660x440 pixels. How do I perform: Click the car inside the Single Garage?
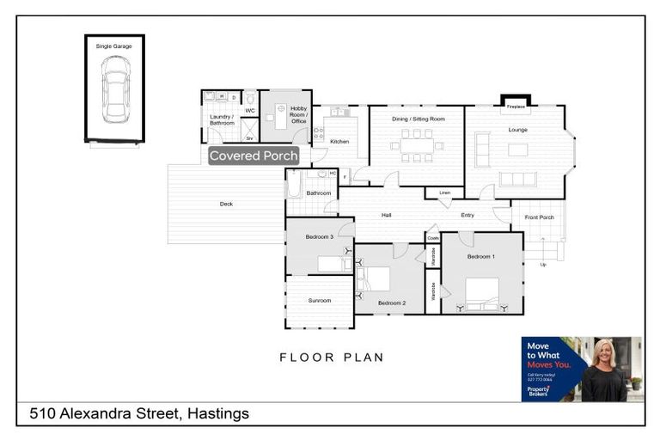click(x=115, y=89)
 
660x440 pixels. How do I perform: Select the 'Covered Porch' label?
click(x=254, y=156)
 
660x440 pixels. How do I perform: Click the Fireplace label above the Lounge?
click(x=516, y=107)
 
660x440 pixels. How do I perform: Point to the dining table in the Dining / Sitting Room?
click(x=417, y=145)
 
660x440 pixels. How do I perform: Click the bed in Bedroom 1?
click(x=482, y=292)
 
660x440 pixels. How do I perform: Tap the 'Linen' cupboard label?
click(x=444, y=192)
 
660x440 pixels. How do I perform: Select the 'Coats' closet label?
click(x=433, y=238)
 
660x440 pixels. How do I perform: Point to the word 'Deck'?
click(x=226, y=204)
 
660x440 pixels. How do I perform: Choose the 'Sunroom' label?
click(x=320, y=300)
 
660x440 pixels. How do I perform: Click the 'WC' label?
click(x=250, y=111)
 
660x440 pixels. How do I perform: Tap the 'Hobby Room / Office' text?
click(x=298, y=115)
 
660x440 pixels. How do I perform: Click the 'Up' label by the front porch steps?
click(x=542, y=265)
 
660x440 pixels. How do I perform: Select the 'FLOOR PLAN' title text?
click(x=332, y=357)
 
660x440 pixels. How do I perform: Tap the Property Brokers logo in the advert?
click(x=539, y=390)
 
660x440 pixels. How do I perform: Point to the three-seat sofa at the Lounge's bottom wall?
click(x=518, y=179)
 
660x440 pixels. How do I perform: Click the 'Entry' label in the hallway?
click(x=467, y=215)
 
